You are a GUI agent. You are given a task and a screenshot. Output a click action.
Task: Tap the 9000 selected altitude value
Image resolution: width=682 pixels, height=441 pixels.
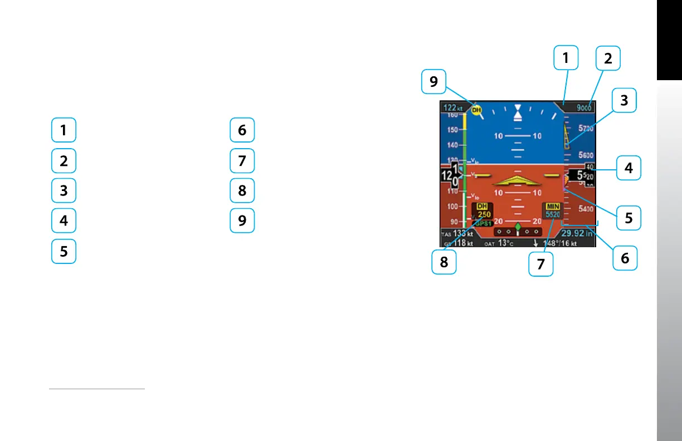tap(583, 108)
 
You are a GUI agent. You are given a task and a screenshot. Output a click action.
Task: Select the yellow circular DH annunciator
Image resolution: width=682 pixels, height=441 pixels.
tap(476, 110)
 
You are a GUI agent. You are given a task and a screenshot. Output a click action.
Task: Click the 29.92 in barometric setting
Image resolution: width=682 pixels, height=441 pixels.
tap(577, 234)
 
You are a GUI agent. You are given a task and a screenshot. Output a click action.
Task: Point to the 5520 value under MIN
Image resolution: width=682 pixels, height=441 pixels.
tap(553, 214)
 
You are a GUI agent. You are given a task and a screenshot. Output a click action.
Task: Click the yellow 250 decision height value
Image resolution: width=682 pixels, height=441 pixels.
tap(484, 215)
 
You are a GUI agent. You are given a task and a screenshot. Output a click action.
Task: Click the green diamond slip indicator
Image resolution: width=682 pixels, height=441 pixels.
tap(518, 227)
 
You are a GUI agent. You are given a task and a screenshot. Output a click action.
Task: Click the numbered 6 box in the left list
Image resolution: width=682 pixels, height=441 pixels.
tap(242, 130)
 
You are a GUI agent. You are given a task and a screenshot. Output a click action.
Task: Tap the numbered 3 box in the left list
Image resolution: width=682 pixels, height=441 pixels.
tap(64, 190)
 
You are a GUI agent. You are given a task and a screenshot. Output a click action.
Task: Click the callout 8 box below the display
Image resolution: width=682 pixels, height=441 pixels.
tap(444, 262)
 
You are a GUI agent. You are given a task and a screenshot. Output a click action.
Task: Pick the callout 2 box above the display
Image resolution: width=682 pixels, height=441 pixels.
tap(608, 58)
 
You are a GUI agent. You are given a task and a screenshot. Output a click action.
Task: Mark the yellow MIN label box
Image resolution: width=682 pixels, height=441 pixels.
tap(553, 206)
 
